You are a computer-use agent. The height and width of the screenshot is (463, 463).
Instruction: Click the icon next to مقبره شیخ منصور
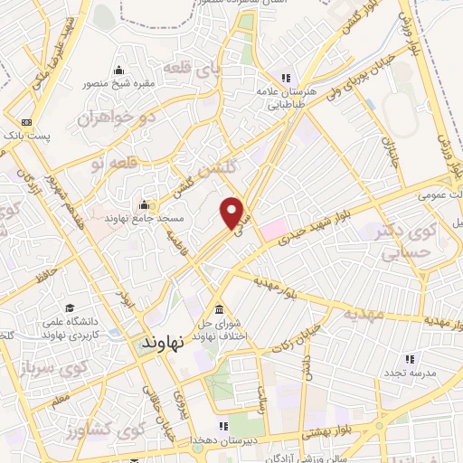point(119,71)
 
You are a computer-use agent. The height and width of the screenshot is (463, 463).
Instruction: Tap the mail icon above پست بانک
point(26,122)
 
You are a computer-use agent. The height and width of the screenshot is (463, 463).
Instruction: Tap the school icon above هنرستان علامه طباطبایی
point(286,78)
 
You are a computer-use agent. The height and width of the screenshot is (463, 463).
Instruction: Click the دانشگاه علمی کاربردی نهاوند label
point(77,327)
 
